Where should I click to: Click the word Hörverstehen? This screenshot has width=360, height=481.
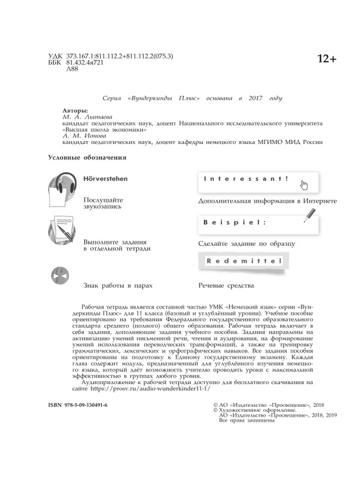click(105, 179)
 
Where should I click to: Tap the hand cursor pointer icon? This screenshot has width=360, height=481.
click(304, 185)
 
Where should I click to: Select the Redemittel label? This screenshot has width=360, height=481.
click(244, 261)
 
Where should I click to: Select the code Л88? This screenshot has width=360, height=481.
click(72, 70)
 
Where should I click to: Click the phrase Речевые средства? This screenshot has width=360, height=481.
click(226, 286)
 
